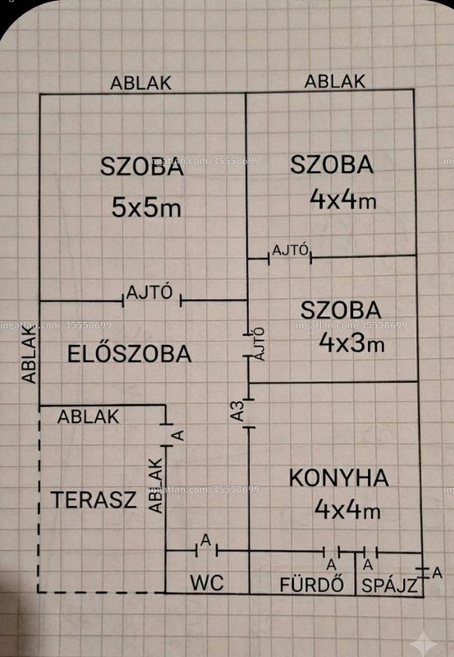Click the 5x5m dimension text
pos(147,207)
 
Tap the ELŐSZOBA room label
pos(130,353)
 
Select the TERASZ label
pos(94,499)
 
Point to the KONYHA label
pos(339,478)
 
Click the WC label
pos(207,582)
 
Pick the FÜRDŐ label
pos(312,584)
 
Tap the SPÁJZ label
pos(389,586)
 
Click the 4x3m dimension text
pos(351,342)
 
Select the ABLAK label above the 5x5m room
pos(140,83)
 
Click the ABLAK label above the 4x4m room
pos(335,81)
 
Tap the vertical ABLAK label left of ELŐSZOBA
pos(30,356)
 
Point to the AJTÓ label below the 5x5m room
pos(149,292)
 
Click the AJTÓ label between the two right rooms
pos(291,250)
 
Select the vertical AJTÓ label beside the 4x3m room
pos(259,344)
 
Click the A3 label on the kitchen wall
pos(237,411)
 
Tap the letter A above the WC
pos(205,540)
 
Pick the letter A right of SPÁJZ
pos(437,572)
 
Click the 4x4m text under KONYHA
pos(347,509)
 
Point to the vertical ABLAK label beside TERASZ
pos(156,485)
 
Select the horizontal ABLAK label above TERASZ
pos(89,416)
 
